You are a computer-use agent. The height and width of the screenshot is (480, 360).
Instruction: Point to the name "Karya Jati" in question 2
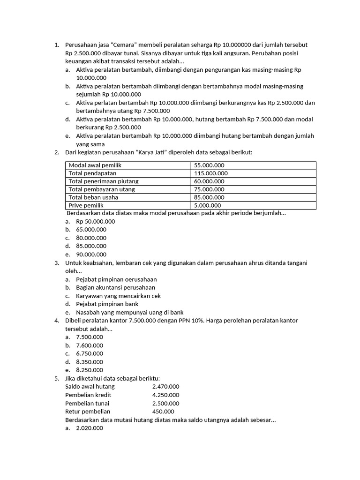tap(153, 152)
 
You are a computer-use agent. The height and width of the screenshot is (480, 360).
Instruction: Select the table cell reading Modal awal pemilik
tap(95, 165)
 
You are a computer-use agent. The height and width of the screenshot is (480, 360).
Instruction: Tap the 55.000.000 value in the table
tap(209, 165)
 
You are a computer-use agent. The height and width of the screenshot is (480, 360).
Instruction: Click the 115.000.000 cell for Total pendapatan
tap(210, 173)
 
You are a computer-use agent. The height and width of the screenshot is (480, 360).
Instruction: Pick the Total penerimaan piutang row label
tap(104, 181)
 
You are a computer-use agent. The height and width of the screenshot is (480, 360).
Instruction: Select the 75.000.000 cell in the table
tap(209, 189)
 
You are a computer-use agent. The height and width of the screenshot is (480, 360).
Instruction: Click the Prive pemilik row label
tap(86, 205)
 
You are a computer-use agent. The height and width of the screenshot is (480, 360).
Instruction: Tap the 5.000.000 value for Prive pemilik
tap(207, 205)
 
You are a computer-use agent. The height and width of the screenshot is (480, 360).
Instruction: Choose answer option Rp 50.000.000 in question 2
tap(95, 221)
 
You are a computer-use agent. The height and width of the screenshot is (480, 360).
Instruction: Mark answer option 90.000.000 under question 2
tap(91, 255)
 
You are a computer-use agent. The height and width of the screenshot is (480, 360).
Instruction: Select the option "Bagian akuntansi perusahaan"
tap(115, 287)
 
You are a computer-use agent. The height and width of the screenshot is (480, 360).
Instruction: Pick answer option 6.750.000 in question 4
tap(90, 353)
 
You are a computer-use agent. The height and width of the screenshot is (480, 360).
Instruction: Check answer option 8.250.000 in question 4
tap(90, 370)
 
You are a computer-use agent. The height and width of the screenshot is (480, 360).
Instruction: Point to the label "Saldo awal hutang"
tap(90, 387)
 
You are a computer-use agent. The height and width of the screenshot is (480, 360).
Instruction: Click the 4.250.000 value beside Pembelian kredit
tap(165, 395)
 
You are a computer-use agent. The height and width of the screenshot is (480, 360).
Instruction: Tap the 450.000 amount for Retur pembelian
tap(163, 412)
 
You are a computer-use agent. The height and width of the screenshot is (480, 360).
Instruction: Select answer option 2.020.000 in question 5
tap(90, 428)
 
